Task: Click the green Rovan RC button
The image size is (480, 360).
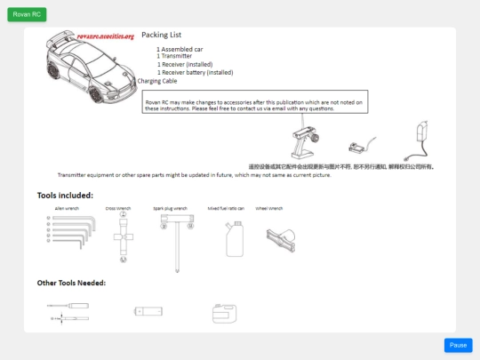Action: click(x=27, y=15)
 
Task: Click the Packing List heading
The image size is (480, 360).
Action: click(x=161, y=35)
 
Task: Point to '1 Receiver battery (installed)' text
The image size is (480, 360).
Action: click(x=195, y=73)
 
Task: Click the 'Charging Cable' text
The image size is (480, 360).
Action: click(x=157, y=81)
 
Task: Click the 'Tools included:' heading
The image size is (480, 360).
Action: click(x=65, y=195)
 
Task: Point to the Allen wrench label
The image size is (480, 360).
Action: click(x=67, y=208)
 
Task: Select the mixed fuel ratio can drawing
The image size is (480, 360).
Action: click(x=234, y=238)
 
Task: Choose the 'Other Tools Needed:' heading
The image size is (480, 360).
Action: click(x=71, y=283)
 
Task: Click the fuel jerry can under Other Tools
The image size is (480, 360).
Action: click(x=223, y=312)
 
